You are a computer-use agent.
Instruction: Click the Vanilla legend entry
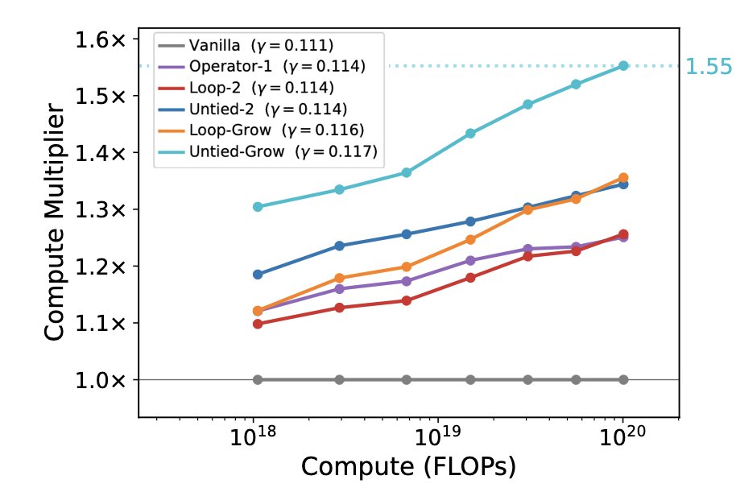[x=246, y=46]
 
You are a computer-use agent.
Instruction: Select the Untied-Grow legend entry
[x=267, y=151]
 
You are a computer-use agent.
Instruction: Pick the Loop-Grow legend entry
[x=261, y=130]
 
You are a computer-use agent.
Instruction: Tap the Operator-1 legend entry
[x=262, y=66]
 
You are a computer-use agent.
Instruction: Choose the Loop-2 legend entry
[x=246, y=88]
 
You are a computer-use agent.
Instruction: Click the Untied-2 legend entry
[x=253, y=109]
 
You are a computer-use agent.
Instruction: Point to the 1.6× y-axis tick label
[x=101, y=39]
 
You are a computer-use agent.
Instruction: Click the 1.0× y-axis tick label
[x=101, y=380]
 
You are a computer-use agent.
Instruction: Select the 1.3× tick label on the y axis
[x=101, y=209]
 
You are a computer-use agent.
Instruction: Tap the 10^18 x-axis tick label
[x=253, y=436]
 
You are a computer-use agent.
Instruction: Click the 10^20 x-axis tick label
[x=622, y=436]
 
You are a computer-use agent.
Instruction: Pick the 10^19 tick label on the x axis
[x=437, y=436]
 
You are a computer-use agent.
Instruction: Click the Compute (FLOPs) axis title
[x=408, y=467]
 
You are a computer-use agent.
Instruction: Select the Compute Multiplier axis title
[x=54, y=222]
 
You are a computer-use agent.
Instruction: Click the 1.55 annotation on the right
[x=709, y=66]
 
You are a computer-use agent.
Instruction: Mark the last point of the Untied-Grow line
[x=623, y=66]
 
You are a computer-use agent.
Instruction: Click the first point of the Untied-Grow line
[x=258, y=206]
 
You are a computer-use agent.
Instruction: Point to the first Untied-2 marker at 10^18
[x=258, y=275]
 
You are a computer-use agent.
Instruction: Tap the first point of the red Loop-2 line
[x=258, y=324]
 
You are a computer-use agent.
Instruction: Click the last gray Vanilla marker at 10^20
[x=623, y=379]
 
